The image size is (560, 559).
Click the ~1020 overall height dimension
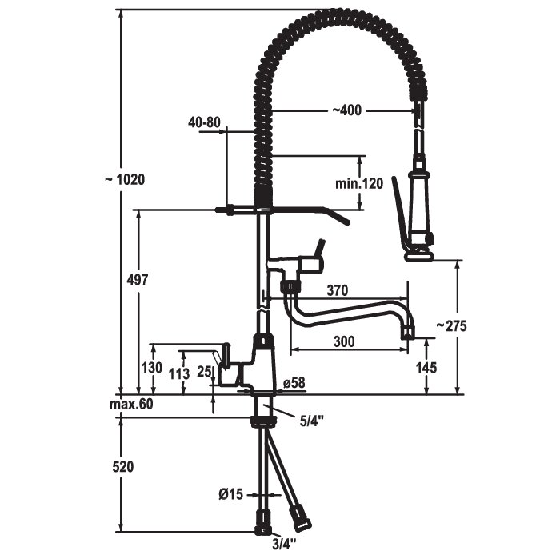click(x=125, y=179)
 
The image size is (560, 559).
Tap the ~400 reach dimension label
click(x=346, y=110)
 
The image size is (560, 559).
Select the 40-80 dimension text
click(x=204, y=122)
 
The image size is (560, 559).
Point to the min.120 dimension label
click(x=359, y=183)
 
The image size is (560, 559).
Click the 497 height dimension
click(x=138, y=280)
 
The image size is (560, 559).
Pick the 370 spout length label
click(x=337, y=290)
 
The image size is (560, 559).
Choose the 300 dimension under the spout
click(x=344, y=341)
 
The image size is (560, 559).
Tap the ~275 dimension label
click(x=451, y=325)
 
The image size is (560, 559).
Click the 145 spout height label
click(x=426, y=367)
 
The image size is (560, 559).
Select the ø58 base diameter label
click(x=294, y=383)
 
